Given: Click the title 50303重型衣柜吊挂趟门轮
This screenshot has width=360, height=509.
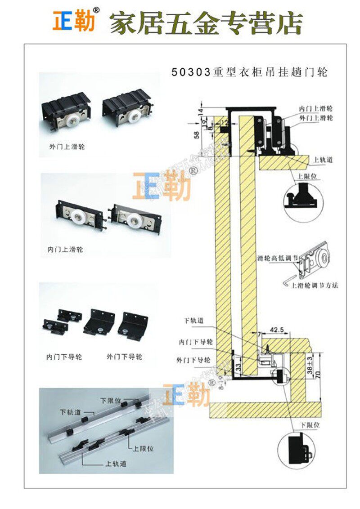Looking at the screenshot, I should pos(249,72).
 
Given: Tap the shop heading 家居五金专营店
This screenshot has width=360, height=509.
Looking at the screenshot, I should pos(206,23).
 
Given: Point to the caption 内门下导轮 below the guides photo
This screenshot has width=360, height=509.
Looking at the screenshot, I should pos(64,357).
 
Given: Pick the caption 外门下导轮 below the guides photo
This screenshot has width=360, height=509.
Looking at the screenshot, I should pos(124,357).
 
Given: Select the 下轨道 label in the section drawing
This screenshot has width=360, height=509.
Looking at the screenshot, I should pos(194,321).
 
